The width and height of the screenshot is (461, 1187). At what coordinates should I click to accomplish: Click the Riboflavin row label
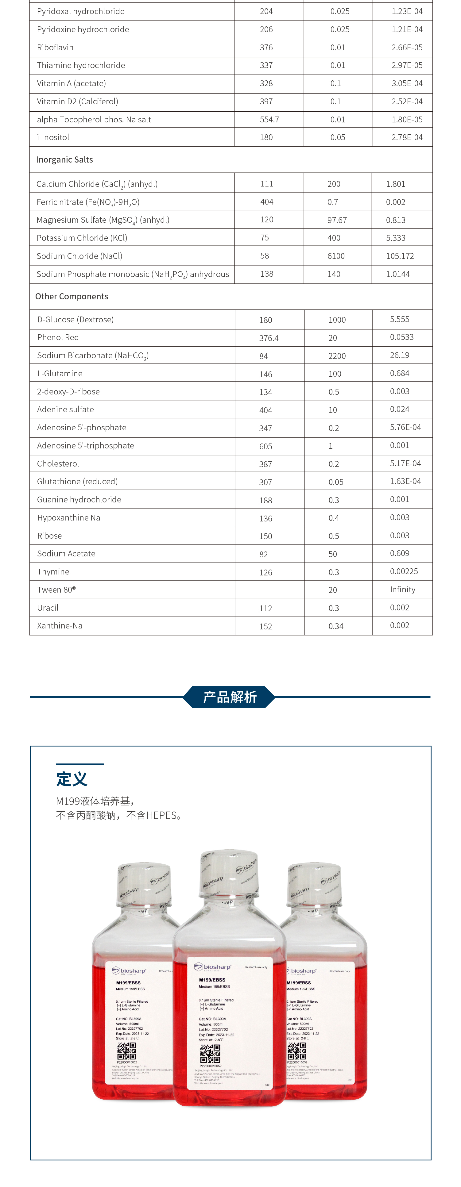tap(55, 48)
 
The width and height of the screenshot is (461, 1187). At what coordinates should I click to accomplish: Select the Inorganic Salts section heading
tap(64, 159)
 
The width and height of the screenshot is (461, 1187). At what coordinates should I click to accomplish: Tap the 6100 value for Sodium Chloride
tap(335, 256)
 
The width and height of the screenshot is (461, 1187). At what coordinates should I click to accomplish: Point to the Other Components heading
tap(72, 296)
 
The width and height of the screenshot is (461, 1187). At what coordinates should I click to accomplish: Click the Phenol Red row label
tap(58, 337)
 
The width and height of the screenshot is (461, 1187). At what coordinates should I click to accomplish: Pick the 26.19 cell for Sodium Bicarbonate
tap(399, 355)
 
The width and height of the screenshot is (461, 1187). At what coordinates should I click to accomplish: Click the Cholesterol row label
tap(58, 463)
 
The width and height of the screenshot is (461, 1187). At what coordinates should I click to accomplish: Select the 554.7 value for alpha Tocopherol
tap(269, 119)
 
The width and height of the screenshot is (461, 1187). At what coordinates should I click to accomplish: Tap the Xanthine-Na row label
tap(60, 625)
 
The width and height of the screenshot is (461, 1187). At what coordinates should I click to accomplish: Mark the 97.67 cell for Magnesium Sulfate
tap(337, 220)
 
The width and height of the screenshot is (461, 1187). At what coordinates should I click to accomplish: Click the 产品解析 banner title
tap(230, 697)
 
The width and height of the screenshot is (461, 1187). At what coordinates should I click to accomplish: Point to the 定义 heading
tap(72, 779)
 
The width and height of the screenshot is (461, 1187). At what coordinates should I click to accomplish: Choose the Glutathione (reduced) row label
tap(77, 482)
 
